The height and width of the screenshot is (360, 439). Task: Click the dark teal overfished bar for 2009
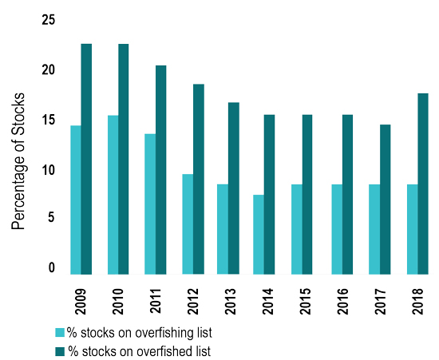click(86, 159)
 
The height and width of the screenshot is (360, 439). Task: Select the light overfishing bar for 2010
click(113, 195)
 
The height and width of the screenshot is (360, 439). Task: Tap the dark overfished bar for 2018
click(423, 184)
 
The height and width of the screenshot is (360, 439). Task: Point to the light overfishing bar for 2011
click(150, 204)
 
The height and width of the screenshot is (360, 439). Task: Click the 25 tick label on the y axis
click(49, 20)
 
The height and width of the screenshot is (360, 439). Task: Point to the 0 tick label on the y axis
click(52, 268)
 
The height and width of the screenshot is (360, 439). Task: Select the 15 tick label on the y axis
click(49, 120)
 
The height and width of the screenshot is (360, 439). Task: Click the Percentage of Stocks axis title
click(19, 161)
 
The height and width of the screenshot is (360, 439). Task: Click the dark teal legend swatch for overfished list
click(59, 349)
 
